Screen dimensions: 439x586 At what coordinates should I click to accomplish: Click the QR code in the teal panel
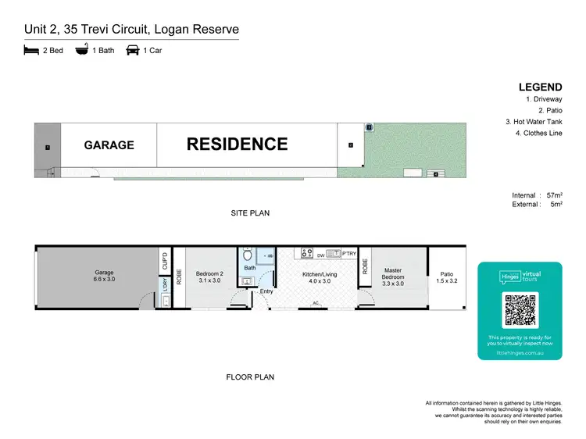click(520, 310)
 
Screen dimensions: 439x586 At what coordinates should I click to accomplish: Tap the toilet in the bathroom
click(248, 255)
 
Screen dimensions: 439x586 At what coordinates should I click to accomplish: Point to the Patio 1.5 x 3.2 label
click(446, 277)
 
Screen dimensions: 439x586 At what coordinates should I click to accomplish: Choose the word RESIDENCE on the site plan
click(237, 144)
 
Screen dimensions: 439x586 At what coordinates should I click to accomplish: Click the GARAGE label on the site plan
click(109, 145)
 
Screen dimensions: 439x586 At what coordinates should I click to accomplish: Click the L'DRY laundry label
click(164, 288)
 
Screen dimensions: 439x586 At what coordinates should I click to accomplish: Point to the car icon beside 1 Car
click(132, 50)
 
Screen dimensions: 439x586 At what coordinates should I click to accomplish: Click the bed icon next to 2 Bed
click(31, 50)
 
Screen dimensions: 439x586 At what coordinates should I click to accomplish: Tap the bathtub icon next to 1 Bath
click(81, 50)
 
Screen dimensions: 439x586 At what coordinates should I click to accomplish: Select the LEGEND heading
click(540, 87)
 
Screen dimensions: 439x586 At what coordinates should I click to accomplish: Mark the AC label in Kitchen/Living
click(316, 302)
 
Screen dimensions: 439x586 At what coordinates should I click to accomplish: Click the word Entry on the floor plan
click(267, 291)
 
